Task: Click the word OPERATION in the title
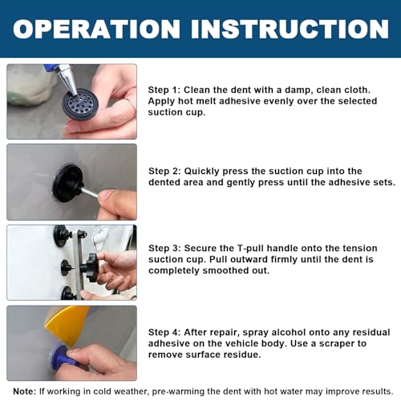(96, 29)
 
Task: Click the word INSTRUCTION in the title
(290, 29)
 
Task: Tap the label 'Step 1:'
(164, 90)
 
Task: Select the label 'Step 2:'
(164, 171)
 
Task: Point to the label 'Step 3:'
(164, 248)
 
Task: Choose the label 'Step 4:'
(164, 332)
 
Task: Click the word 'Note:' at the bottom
(24, 391)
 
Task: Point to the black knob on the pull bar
(91, 267)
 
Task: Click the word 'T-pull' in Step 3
(251, 249)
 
